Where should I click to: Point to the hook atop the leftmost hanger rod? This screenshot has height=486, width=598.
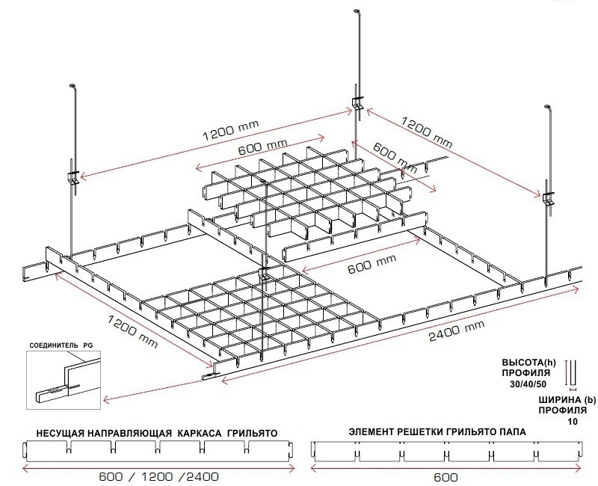click(x=73, y=87)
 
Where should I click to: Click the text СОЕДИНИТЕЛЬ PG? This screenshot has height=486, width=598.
click(x=60, y=346)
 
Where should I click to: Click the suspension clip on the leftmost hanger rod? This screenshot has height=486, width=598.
click(x=73, y=176)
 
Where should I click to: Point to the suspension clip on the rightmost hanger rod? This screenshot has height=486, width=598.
click(x=549, y=198)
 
